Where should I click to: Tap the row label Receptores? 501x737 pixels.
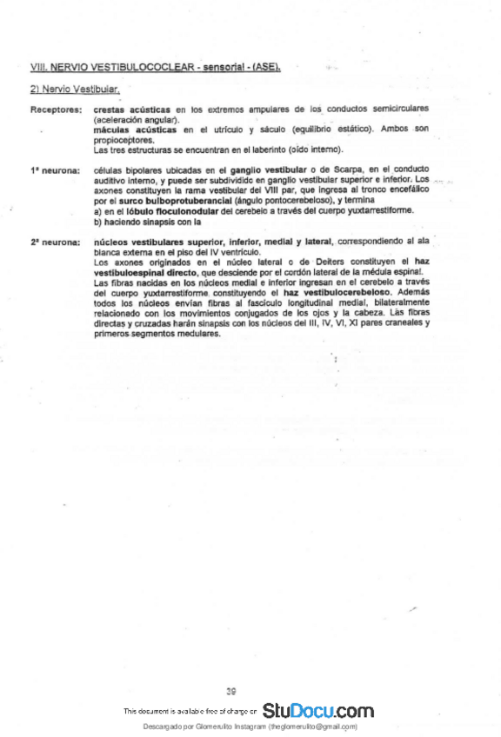click(x=57, y=110)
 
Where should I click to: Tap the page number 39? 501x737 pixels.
click(x=231, y=692)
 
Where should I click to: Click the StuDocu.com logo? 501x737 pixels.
click(x=317, y=711)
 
